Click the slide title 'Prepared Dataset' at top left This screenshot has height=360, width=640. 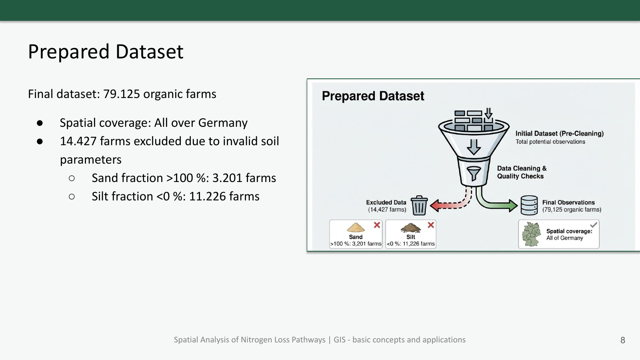coord(106,52)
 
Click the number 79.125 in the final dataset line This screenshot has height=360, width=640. coord(122,94)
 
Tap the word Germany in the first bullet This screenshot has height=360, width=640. coord(223,123)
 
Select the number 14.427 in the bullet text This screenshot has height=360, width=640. coord(78,141)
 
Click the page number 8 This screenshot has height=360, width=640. coord(623,340)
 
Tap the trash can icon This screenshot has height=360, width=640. coord(419,205)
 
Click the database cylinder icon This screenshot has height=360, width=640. coord(529,205)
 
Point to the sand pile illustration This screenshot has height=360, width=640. coord(356,228)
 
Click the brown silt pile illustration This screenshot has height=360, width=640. coord(410,228)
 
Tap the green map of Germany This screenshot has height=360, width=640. coord(531,234)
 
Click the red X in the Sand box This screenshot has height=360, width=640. coord(377,225)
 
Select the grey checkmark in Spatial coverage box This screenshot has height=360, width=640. coord(594,224)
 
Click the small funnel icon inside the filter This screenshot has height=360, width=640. coord(474,174)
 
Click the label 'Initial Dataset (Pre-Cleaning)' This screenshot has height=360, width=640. coord(560,134)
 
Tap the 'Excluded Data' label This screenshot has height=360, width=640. coord(386,202)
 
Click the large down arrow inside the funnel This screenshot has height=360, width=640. coord(474,147)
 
